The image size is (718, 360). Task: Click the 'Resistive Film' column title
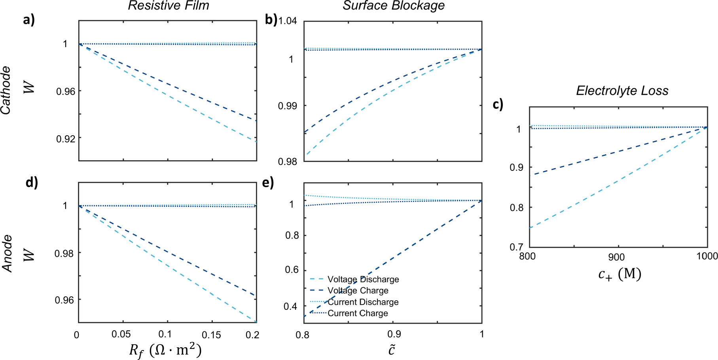pos(169,6)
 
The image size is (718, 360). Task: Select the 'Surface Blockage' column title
pos(394,6)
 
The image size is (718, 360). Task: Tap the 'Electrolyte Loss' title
pos(622,91)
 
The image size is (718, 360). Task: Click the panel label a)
pos(29,19)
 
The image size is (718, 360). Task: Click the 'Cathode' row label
pos(6,91)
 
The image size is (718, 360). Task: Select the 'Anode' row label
pos(7,254)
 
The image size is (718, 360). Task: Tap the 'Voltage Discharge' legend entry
pos(363,279)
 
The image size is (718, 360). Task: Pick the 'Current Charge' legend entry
pos(358,313)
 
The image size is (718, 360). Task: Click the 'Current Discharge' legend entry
pos(363,302)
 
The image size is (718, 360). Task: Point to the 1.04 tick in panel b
pos(288,21)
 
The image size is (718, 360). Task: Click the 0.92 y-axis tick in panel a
pos(65,139)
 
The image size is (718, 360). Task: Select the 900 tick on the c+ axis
pos(616,257)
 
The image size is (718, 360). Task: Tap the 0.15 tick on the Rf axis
pos(212,335)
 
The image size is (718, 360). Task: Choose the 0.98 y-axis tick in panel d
pos(64,253)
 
